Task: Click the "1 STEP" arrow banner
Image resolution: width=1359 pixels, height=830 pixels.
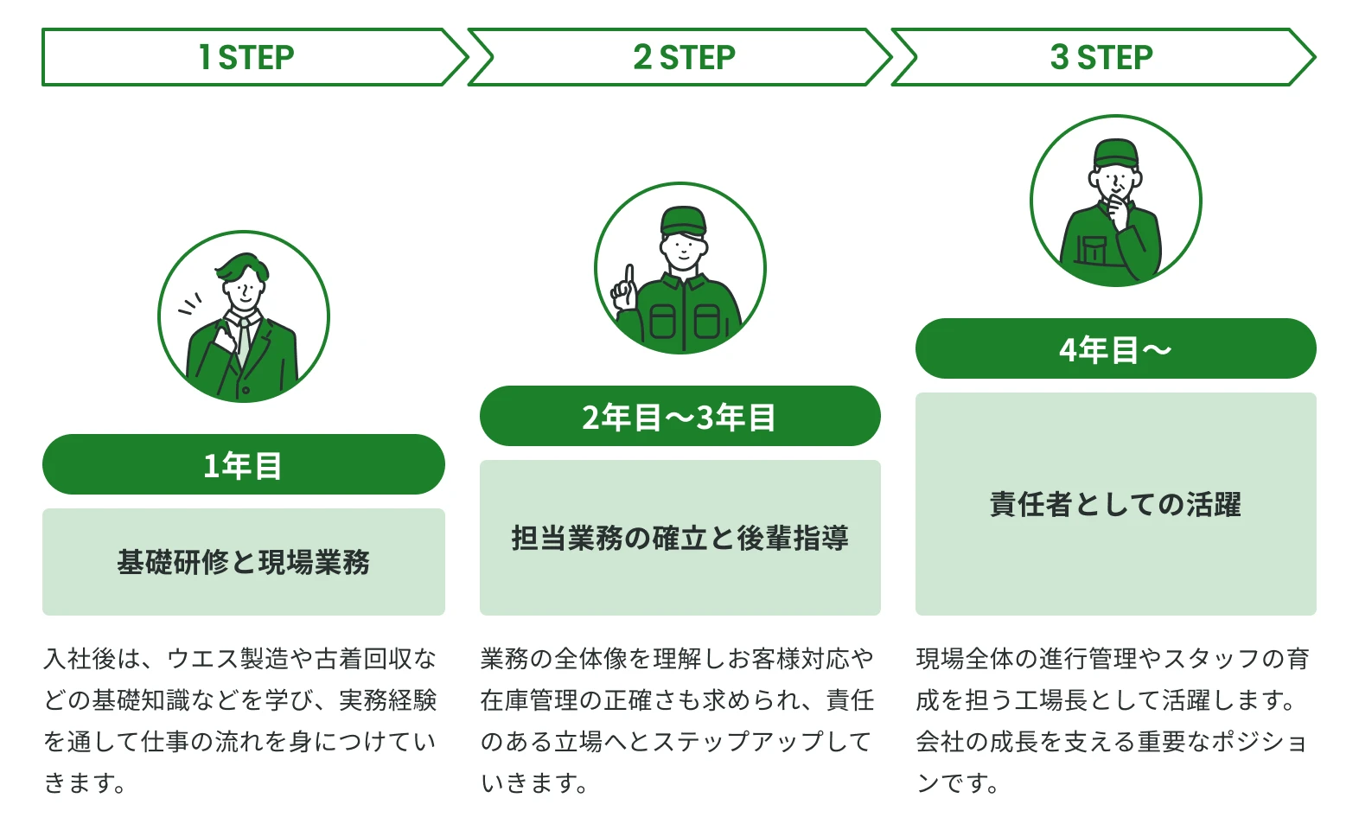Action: pyautogui.click(x=246, y=57)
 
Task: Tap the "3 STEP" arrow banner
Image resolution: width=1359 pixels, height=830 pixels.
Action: pyautogui.click(x=1101, y=57)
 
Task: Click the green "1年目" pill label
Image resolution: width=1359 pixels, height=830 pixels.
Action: pyautogui.click(x=243, y=465)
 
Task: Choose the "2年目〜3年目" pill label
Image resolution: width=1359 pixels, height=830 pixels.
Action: pyautogui.click(x=679, y=417)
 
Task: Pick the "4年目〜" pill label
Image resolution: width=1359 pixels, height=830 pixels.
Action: pyautogui.click(x=1115, y=349)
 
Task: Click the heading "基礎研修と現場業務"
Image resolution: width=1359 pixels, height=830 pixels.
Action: pyautogui.click(x=243, y=562)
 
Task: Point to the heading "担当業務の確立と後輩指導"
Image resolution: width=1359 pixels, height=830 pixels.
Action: pyautogui.click(x=679, y=538)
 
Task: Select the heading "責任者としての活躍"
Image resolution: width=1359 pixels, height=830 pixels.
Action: pyautogui.click(x=1115, y=504)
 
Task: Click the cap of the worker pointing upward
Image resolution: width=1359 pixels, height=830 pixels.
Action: pyautogui.click(x=683, y=220)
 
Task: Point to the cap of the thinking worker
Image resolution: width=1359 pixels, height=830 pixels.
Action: pyautogui.click(x=1115, y=153)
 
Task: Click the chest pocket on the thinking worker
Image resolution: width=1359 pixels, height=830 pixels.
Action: pyautogui.click(x=1091, y=250)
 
